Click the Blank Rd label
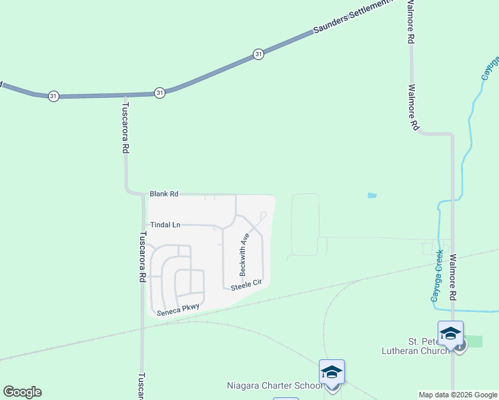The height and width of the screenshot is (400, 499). click(164, 194)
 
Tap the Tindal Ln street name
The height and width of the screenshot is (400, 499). click(165, 225)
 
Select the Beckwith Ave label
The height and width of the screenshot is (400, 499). click(244, 255)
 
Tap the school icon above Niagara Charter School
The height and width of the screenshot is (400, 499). click(332, 373)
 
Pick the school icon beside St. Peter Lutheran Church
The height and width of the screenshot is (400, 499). click(450, 333)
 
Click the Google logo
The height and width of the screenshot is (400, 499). click(22, 392)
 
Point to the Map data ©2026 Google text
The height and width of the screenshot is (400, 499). click(458, 395)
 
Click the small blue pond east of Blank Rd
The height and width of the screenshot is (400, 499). click(372, 195)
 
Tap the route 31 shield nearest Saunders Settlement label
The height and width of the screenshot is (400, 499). click(258, 55)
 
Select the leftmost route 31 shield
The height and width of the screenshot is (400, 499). click(53, 96)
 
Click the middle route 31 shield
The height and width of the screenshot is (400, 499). click(159, 93)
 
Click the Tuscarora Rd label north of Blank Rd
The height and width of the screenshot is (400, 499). click(124, 128)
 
